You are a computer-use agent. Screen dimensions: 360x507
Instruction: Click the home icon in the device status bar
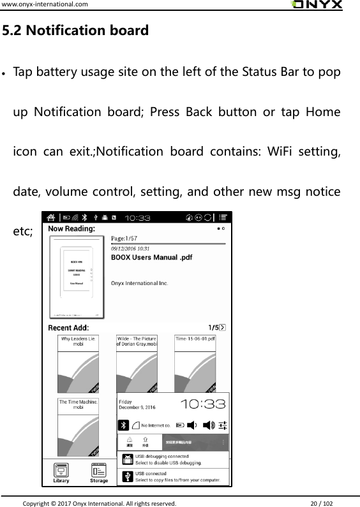(50, 217)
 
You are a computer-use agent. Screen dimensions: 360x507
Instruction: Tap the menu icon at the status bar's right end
(223, 217)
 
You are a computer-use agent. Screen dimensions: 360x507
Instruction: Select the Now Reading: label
(72, 228)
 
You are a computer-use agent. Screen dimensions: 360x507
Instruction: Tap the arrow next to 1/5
(222, 328)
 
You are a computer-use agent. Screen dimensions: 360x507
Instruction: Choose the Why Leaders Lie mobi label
(79, 341)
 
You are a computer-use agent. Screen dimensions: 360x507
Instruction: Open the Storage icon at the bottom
(99, 472)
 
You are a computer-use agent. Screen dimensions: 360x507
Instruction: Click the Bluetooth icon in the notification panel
(123, 425)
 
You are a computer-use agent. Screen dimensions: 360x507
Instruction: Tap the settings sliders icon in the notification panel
(223, 425)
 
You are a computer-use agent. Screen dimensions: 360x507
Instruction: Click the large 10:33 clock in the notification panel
(203, 404)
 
